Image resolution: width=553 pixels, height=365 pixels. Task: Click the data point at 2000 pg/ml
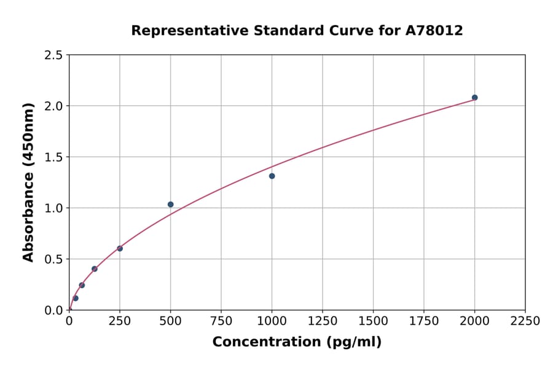474,98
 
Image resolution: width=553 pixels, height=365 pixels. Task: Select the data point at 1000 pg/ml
272,176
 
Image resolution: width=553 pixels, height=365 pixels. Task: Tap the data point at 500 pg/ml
170,205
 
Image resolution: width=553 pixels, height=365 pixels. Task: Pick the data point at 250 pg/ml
120,248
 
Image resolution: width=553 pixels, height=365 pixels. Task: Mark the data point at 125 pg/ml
95,269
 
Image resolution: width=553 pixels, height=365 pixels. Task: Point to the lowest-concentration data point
76,298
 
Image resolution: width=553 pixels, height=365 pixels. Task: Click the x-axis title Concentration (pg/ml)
297,342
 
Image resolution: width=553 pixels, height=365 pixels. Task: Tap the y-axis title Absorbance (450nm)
28,182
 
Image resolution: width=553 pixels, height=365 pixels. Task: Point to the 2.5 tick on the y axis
54,55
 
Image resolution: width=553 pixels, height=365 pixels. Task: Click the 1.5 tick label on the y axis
54,157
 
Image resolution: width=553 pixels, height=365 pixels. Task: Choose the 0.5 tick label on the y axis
54,259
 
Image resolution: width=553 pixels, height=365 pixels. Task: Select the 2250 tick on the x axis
525,321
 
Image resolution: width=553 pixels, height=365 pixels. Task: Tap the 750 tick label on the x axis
221,321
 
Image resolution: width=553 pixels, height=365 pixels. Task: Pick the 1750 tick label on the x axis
423,321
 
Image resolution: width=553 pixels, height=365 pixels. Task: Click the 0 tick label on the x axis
69,321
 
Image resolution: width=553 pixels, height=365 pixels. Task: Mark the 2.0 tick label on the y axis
54,106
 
